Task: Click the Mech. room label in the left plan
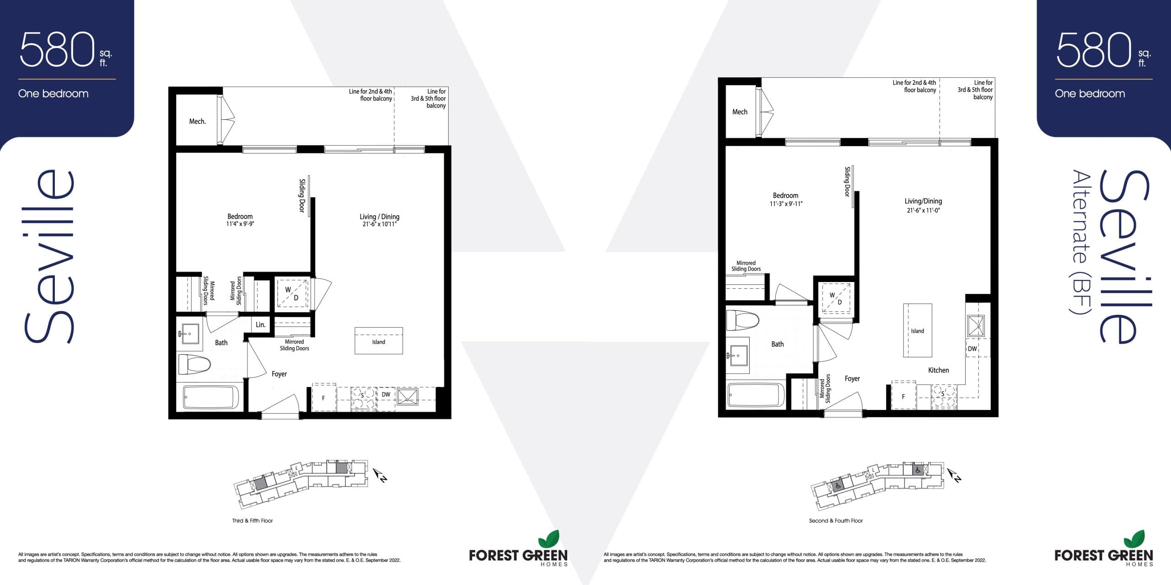[x=197, y=122]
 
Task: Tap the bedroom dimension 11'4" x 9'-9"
[x=240, y=224]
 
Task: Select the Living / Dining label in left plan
[x=379, y=217]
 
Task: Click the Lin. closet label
[x=260, y=325]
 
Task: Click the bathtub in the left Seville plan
[x=211, y=397]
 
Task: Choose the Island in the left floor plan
[x=379, y=341]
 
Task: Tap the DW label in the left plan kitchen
[x=386, y=394]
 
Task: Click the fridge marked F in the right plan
[x=903, y=396]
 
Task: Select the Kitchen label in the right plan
[x=938, y=370]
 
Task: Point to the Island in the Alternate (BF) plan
[x=917, y=330]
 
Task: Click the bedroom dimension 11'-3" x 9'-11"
[x=786, y=204]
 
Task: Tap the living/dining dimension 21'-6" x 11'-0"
[x=923, y=211]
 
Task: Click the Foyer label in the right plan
[x=852, y=378]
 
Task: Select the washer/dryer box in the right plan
[x=836, y=298]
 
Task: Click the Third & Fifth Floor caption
[x=252, y=521]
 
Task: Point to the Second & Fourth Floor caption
[x=836, y=521]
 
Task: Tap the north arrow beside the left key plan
[x=381, y=475]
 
